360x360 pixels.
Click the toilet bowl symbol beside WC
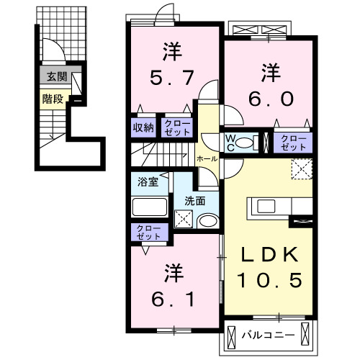[249, 141]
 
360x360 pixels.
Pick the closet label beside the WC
[292, 141]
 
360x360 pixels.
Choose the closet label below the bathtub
[148, 233]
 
